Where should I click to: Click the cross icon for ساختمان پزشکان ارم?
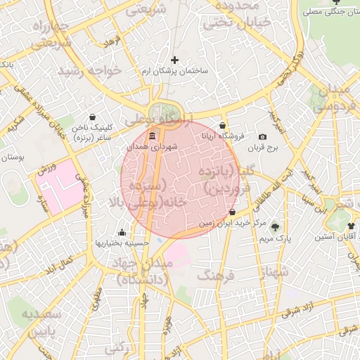point(175,60)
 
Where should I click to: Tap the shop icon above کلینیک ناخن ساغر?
point(93,117)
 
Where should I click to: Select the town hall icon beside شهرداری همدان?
point(153,136)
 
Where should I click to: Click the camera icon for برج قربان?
point(262,136)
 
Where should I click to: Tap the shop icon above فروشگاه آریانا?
point(224,124)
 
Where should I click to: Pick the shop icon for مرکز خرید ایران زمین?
point(232,212)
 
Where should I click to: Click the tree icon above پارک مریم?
point(275,227)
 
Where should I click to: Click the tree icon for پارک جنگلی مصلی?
point(311,12)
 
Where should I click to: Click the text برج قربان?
point(266,149)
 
